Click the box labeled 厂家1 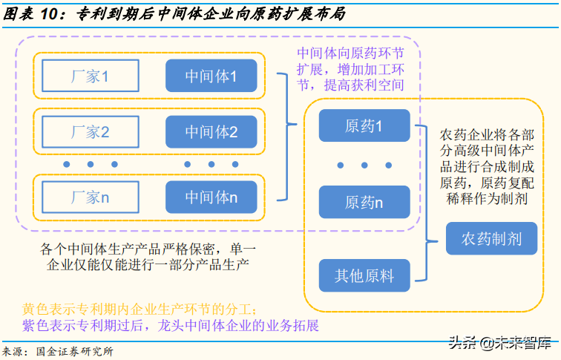(90, 76)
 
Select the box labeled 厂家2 (90, 132)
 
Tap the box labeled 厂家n (90, 197)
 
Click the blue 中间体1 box (211, 76)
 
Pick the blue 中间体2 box (211, 132)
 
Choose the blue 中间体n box (211, 197)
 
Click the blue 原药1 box (364, 125)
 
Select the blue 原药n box (364, 202)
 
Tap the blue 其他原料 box (364, 275)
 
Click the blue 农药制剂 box (491, 239)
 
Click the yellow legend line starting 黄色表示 (140, 308)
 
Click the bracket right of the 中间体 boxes (284, 136)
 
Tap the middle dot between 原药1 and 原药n (364, 164)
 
